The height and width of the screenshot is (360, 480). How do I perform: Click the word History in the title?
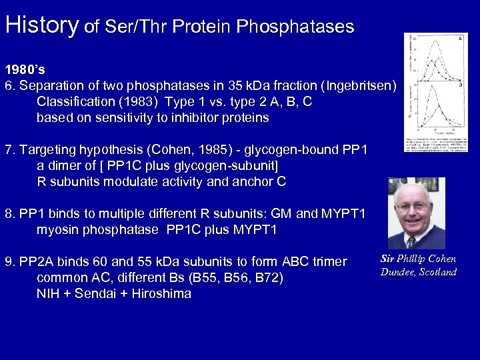(x=41, y=25)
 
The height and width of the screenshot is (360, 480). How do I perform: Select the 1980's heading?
(x=25, y=69)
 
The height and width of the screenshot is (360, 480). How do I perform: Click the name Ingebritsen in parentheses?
(x=359, y=86)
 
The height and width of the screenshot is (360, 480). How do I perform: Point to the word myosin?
(x=59, y=231)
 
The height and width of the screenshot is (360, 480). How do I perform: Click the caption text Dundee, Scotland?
(x=419, y=272)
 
